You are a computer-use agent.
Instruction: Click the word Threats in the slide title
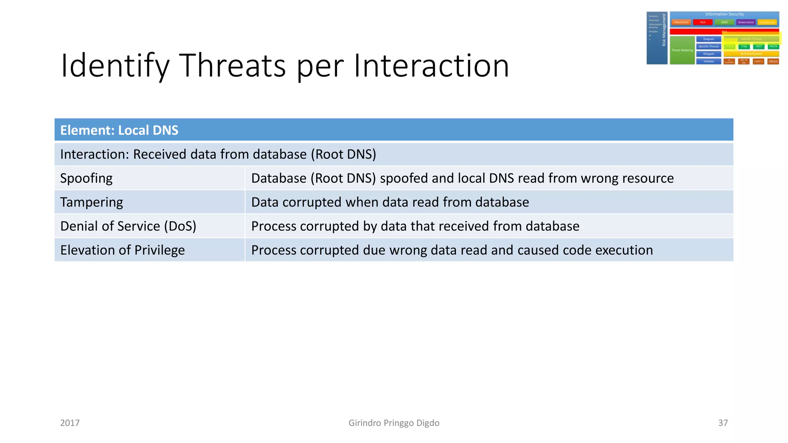[x=232, y=66]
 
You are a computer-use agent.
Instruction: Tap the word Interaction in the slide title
[x=431, y=66]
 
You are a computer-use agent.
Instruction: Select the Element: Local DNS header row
[x=119, y=130]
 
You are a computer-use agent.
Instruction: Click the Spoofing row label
[x=87, y=178]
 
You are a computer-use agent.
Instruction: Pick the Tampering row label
[x=92, y=202]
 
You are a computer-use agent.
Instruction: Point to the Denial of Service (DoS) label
[x=128, y=226]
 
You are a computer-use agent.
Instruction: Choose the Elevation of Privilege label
[x=122, y=250]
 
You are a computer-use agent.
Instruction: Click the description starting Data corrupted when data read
[x=390, y=202]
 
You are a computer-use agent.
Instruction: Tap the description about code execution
[x=452, y=250]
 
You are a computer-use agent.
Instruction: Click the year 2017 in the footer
[x=70, y=423]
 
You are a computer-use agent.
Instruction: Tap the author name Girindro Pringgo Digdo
[x=394, y=423]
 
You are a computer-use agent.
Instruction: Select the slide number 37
[x=723, y=423]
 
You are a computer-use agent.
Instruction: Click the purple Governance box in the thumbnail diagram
[x=746, y=22]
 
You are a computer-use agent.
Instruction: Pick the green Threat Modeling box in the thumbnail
[x=682, y=50]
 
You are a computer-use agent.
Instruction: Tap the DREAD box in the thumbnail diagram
[x=773, y=62]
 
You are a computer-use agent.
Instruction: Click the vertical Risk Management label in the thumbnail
[x=664, y=30]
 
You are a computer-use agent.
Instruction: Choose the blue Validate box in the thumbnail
[x=708, y=62]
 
